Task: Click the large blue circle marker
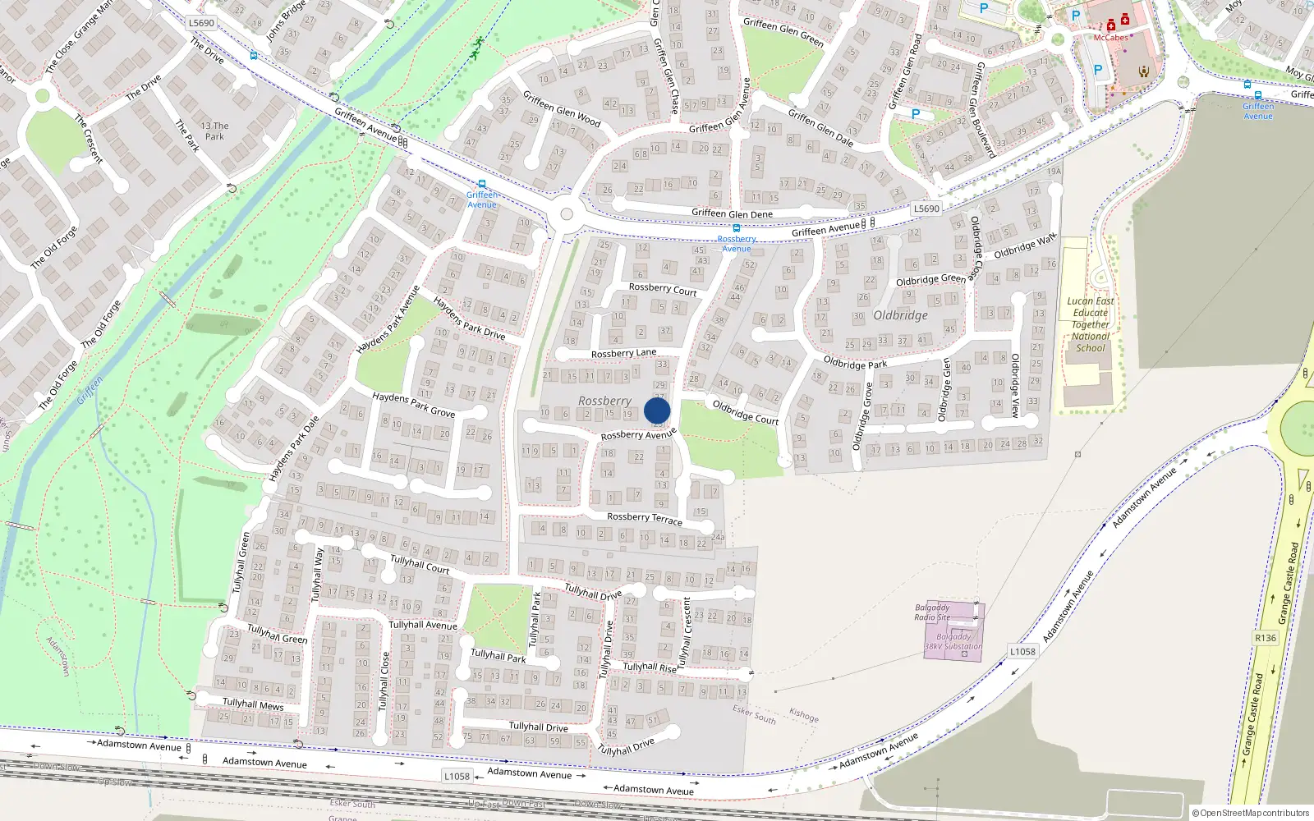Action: (657, 410)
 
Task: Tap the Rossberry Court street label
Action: (662, 289)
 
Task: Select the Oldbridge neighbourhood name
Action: (900, 315)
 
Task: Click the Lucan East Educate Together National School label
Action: (1091, 324)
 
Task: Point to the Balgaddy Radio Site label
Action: (932, 612)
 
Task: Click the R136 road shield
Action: (1266, 638)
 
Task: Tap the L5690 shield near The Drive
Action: (201, 23)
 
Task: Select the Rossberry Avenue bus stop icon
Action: (737, 228)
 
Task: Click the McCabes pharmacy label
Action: (1110, 38)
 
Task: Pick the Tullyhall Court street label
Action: (420, 564)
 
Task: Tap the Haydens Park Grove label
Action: (413, 404)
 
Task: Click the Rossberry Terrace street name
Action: (645, 518)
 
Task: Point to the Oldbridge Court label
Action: (745, 412)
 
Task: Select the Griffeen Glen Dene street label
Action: (732, 214)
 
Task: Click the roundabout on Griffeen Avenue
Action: (566, 215)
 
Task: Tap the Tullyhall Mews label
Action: (253, 704)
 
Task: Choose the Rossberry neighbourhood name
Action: (604, 401)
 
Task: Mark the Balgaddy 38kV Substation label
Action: (953, 641)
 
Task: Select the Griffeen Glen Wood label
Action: (562, 109)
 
